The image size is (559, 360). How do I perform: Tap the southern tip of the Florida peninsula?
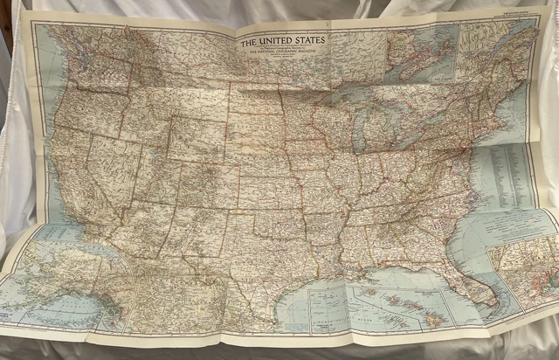pos(495,305)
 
